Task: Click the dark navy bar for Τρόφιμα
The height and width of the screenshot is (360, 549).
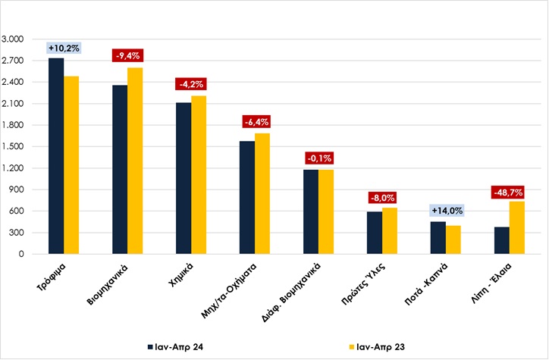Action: [x=56, y=156]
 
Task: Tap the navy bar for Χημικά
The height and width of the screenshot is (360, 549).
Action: [x=184, y=178]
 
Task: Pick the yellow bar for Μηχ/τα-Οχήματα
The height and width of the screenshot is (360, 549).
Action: [x=262, y=194]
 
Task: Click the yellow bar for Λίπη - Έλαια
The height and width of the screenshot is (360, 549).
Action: [x=517, y=228]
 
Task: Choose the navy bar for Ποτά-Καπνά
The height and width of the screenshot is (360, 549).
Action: [x=438, y=238]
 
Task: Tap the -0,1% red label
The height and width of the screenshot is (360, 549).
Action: [x=318, y=158]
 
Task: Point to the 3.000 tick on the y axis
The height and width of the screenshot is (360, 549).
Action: [x=14, y=39]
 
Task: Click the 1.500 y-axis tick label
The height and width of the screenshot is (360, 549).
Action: [x=14, y=147]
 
